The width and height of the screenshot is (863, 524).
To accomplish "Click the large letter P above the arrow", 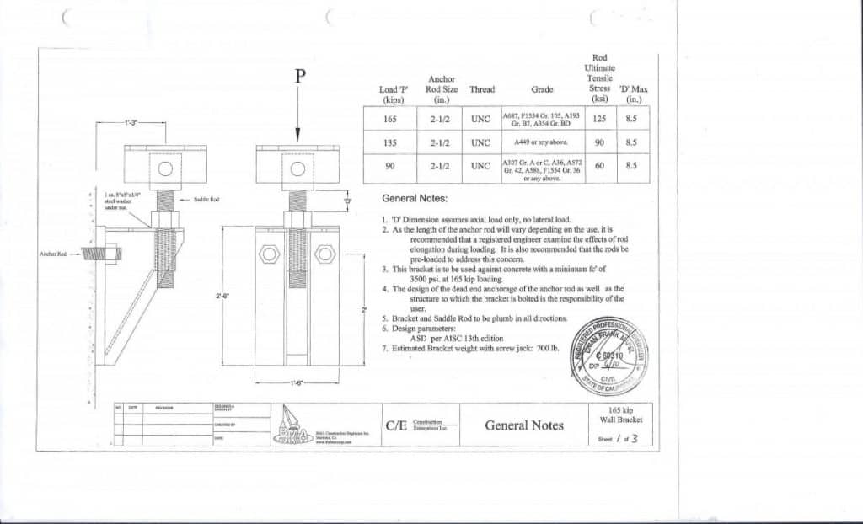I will [x=298, y=77].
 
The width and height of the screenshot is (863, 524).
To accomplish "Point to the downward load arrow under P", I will [x=297, y=118].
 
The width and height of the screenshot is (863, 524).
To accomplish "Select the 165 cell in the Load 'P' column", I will [x=390, y=119].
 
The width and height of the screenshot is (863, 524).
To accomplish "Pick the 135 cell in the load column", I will [x=390, y=142].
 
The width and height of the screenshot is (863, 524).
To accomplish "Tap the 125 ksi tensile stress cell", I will [x=599, y=119].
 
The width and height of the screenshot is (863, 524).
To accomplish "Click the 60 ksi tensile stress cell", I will [x=599, y=166].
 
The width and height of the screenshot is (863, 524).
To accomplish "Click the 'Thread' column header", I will [x=482, y=89].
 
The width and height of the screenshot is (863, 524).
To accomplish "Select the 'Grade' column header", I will [x=542, y=89].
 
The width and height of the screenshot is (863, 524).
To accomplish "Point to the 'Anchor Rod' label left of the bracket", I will [x=52, y=252].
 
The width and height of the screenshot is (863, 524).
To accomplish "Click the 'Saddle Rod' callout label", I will [x=206, y=199].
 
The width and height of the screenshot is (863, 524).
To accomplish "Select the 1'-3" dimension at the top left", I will [x=131, y=122].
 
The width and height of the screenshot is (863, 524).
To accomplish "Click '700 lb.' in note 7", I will [x=546, y=347].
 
